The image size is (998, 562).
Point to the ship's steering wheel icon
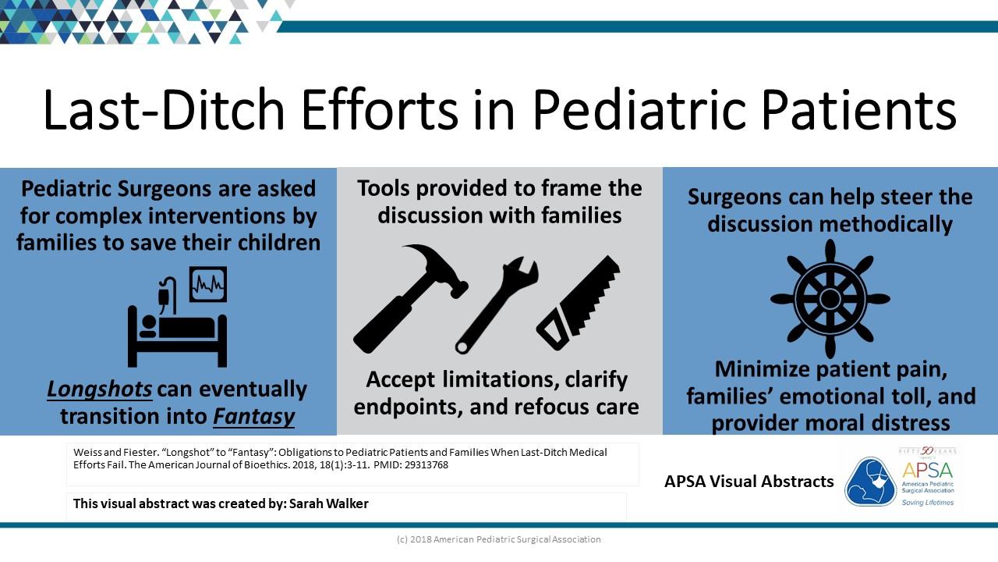coord(830,299)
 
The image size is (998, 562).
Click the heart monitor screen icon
coord(208,284)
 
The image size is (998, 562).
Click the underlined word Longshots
coord(100,389)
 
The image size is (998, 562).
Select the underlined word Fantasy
coord(254,417)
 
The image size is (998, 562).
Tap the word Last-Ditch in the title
coord(164,110)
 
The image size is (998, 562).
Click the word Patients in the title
coord(859,110)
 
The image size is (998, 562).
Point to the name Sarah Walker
coord(329,503)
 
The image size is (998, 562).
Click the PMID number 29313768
coord(426,464)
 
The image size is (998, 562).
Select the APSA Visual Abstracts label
coord(749,482)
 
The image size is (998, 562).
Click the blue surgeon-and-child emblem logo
coord(870,482)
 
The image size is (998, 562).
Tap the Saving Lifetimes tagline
coord(928,503)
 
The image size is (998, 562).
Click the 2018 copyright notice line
coord(498,539)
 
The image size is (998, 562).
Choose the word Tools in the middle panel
coord(384,188)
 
